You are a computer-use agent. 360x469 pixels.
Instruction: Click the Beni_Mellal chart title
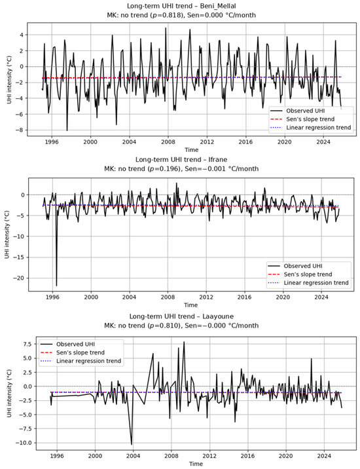click(181, 6)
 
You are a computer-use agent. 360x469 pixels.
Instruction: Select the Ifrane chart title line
click(181, 159)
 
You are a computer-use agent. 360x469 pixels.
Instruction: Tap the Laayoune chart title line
click(181, 316)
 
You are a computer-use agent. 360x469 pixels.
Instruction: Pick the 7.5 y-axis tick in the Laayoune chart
click(27, 345)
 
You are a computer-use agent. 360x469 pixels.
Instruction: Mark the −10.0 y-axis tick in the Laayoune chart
click(26, 443)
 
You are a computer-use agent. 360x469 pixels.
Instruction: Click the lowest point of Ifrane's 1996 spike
click(56, 286)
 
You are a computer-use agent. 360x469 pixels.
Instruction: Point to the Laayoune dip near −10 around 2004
click(132, 444)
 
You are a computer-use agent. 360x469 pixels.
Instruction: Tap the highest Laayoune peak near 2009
click(184, 342)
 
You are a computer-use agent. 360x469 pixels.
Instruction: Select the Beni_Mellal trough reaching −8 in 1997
click(67, 130)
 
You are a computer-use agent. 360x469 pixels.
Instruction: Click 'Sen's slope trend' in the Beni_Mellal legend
click(310, 119)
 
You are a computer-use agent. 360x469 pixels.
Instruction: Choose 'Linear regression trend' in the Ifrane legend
click(316, 283)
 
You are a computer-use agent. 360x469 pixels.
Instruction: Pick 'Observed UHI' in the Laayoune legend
click(76, 345)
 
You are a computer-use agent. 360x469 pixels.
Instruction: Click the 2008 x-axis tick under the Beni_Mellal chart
click(168, 141)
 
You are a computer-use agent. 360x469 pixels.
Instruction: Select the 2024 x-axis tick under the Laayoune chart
click(324, 456)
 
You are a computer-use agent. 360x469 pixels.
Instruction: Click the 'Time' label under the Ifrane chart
click(190, 305)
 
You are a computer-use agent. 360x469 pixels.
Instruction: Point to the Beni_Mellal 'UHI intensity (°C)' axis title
click(10, 79)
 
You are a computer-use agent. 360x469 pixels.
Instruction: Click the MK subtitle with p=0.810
click(181, 326)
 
